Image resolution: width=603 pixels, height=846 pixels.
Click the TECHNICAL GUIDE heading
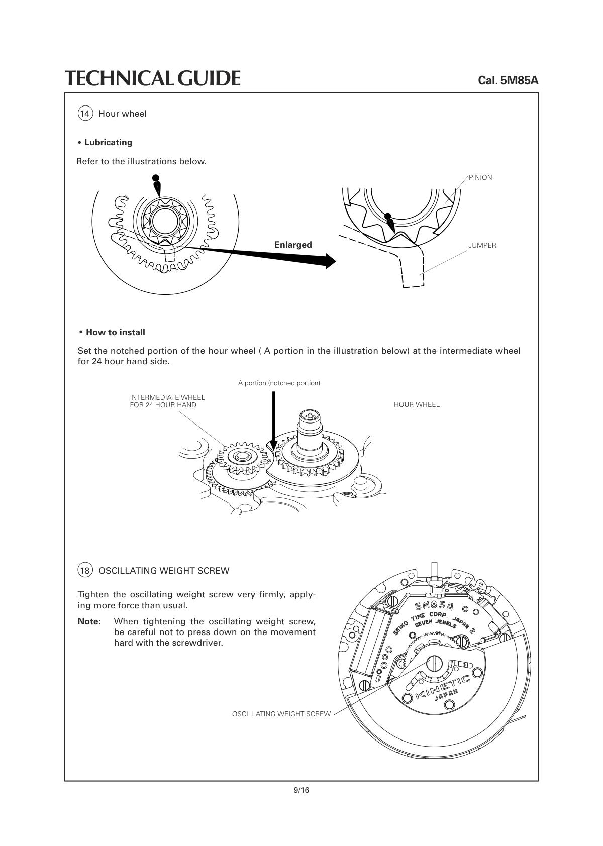(x=152, y=78)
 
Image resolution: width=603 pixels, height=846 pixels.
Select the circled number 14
(x=85, y=114)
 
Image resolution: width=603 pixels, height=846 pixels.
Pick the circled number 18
(x=85, y=571)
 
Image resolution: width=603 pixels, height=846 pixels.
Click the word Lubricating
(x=108, y=142)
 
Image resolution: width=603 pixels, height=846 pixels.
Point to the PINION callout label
(x=480, y=177)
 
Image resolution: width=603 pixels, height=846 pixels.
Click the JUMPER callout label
(x=482, y=245)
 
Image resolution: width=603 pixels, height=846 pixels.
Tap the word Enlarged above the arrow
(x=293, y=245)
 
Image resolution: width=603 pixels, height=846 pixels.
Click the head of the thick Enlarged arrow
(x=329, y=261)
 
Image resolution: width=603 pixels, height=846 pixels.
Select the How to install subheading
(x=115, y=332)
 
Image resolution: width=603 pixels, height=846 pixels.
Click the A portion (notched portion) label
(x=279, y=383)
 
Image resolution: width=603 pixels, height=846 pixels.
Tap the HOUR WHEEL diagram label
(x=417, y=404)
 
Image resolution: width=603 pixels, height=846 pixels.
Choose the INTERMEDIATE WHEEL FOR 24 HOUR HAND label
(x=167, y=401)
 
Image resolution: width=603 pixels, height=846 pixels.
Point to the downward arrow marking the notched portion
(x=273, y=422)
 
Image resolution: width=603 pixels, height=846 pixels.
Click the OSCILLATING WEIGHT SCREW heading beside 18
(x=164, y=571)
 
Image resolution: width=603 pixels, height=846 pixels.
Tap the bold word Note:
(x=89, y=621)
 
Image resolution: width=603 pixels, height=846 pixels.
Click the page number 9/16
(x=301, y=790)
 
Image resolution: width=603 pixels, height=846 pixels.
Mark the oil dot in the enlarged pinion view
(x=387, y=217)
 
